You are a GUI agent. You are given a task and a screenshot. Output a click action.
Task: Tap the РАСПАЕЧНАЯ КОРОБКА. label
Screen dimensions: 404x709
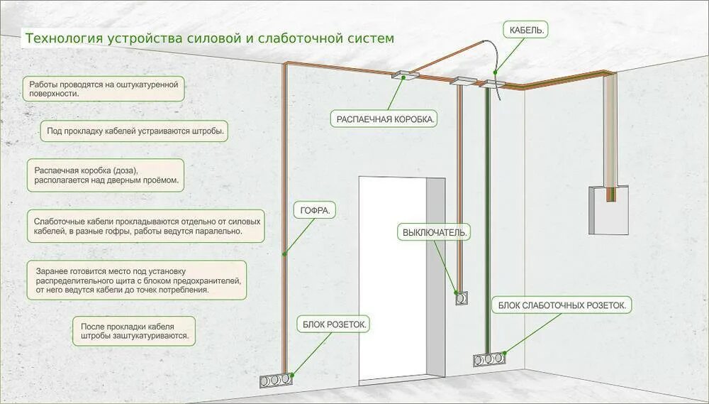(x=384, y=119)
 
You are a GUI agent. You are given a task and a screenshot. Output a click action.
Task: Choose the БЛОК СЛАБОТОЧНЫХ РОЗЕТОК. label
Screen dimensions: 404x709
(x=562, y=305)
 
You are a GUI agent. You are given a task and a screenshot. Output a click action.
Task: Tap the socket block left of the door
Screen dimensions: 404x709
(x=274, y=380)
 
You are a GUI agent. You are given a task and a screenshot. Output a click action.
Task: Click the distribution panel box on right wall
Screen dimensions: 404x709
(x=608, y=210)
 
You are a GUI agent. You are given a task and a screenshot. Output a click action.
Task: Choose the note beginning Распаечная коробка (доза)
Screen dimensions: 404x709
(x=106, y=176)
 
